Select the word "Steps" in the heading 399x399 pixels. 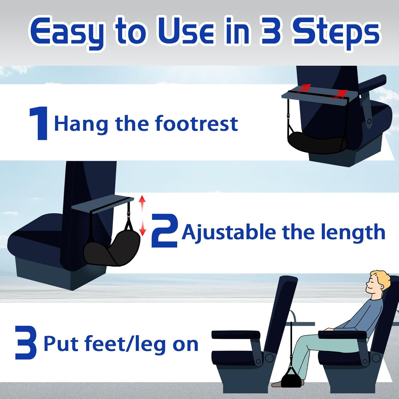336,32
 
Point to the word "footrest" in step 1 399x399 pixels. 196,124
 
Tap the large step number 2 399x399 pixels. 164,231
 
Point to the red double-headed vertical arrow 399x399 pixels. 143,216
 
